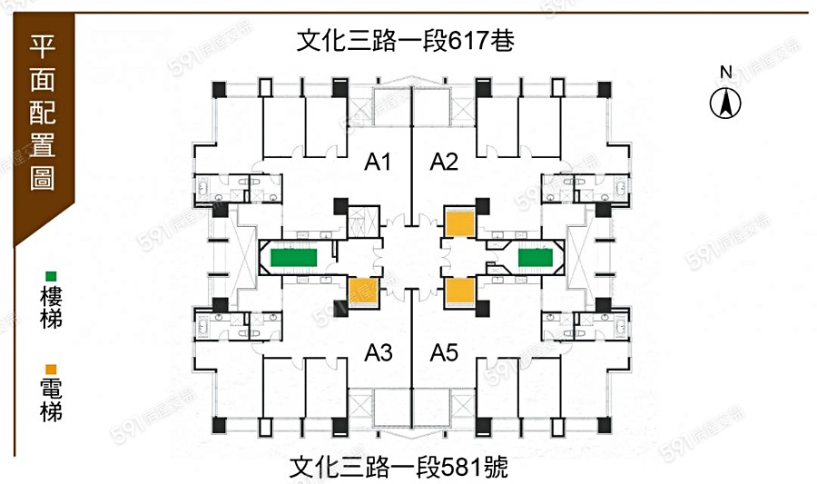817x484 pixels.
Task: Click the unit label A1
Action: click(x=378, y=163)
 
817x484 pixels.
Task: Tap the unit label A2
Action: click(x=444, y=163)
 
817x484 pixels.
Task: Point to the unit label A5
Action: click(x=444, y=351)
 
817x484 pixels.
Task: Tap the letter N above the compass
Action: click(x=725, y=73)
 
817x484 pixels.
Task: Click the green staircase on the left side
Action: click(x=292, y=257)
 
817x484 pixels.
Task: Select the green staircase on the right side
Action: click(x=536, y=257)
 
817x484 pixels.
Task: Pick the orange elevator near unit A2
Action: click(x=458, y=222)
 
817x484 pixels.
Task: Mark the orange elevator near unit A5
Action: click(x=459, y=291)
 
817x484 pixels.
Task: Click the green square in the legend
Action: click(x=51, y=276)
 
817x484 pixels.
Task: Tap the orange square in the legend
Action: click(x=51, y=369)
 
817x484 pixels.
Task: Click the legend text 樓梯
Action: click(x=51, y=308)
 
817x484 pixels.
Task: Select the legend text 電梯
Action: click(x=51, y=400)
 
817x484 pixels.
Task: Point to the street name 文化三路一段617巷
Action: click(x=406, y=41)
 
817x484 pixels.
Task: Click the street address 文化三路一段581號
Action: click(x=399, y=468)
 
